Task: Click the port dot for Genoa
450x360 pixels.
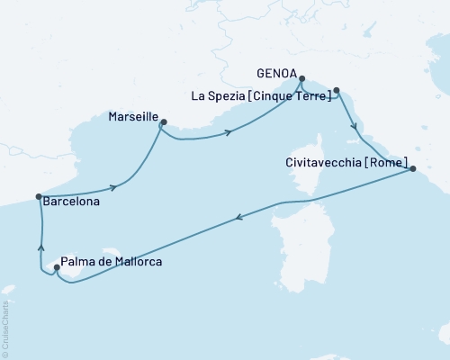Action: click(x=301, y=78)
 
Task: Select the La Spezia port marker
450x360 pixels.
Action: click(x=337, y=90)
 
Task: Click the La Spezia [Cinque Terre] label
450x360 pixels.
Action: click(x=260, y=96)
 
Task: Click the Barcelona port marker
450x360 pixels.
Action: click(x=39, y=196)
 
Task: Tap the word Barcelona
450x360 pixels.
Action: click(x=71, y=203)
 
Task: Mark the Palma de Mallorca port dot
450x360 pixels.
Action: click(x=56, y=266)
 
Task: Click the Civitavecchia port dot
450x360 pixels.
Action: click(x=409, y=168)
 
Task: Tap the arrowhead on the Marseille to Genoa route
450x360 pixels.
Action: click(x=229, y=132)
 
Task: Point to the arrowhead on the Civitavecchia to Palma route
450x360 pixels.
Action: click(x=238, y=217)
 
